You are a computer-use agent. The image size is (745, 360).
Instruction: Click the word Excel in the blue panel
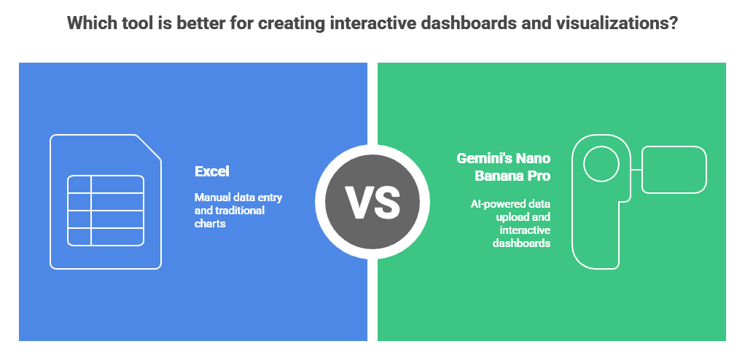(x=212, y=171)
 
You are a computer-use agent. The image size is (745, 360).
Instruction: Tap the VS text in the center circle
(x=372, y=203)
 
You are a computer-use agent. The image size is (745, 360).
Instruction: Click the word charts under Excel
(x=209, y=223)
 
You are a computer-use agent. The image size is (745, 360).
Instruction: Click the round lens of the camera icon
(x=601, y=164)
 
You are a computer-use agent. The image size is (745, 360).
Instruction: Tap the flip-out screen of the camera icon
(x=674, y=170)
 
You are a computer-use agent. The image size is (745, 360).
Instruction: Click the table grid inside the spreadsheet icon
(x=106, y=211)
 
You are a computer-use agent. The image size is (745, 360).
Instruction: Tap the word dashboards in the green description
(x=521, y=243)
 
